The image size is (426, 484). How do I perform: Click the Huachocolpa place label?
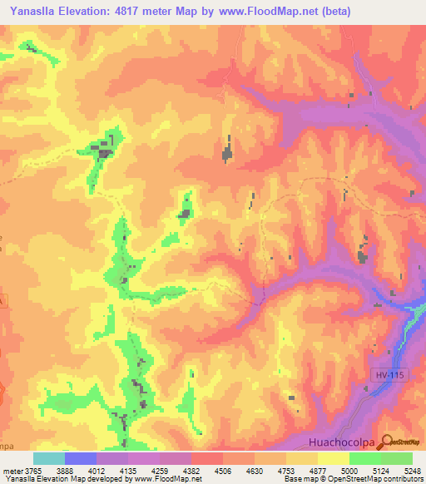tap(339, 442)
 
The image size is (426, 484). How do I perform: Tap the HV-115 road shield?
tap(382, 377)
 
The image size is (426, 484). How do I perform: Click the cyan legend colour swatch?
tap(49, 458)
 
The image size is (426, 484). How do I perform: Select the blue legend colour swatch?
tap(81, 458)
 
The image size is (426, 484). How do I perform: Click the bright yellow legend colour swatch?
tap(334, 458)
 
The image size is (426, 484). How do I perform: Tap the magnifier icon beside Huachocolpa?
tap(387, 442)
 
